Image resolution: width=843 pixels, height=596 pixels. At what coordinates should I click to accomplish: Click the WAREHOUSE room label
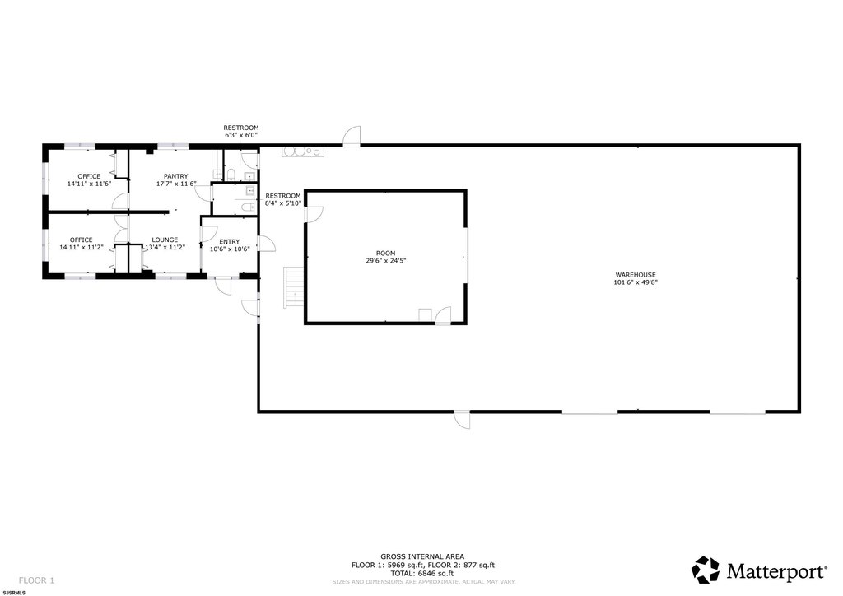click(x=636, y=275)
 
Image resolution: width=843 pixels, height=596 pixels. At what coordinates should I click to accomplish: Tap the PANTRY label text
click(x=176, y=176)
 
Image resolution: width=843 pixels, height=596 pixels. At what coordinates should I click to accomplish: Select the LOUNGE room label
click(x=165, y=240)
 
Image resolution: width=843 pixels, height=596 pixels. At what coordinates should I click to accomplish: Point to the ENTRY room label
click(x=230, y=242)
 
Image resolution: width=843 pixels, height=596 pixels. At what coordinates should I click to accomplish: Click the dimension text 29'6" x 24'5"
click(x=385, y=261)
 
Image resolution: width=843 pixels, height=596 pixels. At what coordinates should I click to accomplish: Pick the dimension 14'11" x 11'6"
click(x=89, y=184)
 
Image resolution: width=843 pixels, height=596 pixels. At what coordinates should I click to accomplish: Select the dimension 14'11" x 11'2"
click(x=82, y=248)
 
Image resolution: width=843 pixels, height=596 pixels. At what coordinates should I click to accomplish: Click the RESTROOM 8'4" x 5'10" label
click(x=283, y=199)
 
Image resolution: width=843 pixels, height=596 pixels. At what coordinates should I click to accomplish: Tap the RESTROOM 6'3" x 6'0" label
click(x=241, y=132)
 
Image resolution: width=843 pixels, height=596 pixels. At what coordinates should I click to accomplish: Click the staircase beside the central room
click(x=294, y=287)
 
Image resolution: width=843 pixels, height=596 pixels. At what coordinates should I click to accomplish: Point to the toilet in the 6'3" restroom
click(x=231, y=175)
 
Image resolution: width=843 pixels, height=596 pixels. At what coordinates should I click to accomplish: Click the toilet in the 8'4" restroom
click(x=247, y=207)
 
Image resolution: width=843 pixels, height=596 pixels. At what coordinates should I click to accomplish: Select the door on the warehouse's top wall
click(x=352, y=137)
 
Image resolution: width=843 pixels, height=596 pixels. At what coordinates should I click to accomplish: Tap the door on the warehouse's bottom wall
click(x=462, y=420)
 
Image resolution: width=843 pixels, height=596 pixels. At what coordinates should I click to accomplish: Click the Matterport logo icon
click(x=705, y=570)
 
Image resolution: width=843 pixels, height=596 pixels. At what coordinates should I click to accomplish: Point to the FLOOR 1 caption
click(x=36, y=580)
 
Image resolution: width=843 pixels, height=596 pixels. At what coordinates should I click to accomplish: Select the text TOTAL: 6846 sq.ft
click(x=422, y=574)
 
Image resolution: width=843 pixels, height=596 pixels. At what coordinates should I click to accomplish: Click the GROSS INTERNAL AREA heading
click(x=422, y=556)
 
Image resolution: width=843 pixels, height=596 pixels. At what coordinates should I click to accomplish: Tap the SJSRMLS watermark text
click(x=14, y=593)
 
